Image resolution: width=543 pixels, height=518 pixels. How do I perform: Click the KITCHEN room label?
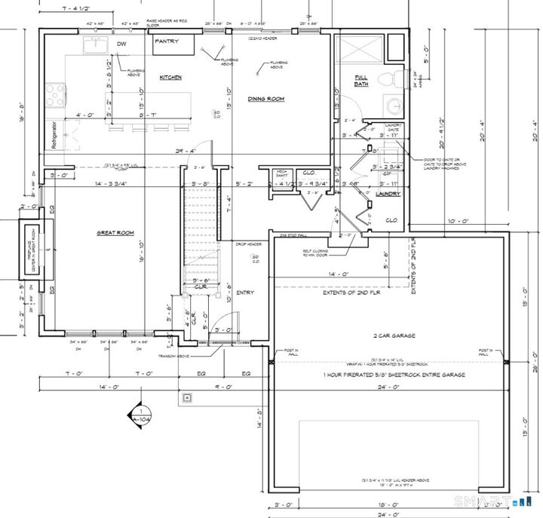point(170,78)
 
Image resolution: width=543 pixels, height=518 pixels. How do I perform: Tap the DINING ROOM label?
point(265,99)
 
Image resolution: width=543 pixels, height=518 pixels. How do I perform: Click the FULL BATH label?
point(363,80)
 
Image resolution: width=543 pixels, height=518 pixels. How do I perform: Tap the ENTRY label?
point(245,293)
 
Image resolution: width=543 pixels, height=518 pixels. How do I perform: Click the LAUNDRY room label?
point(387,194)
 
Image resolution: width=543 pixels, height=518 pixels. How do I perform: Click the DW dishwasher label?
point(121,44)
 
